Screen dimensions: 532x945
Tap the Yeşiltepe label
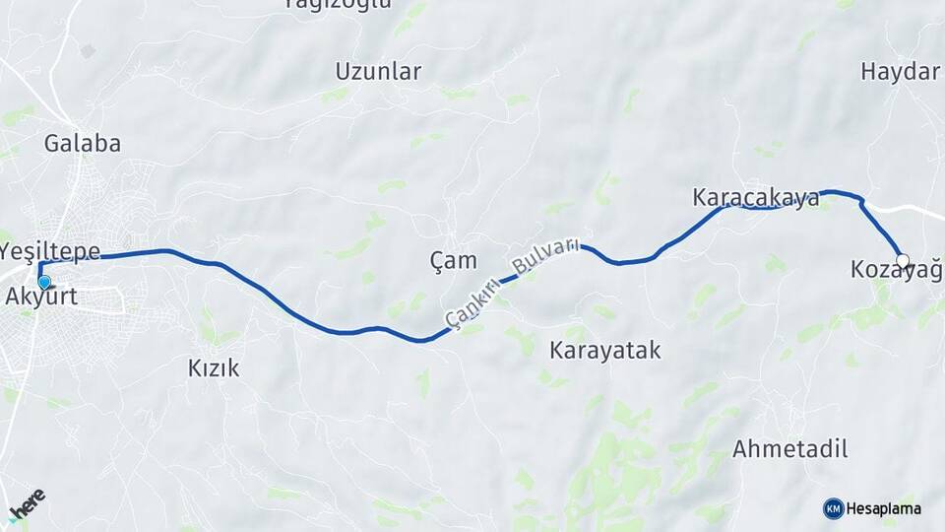click(51, 250)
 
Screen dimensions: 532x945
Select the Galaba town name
click(83, 143)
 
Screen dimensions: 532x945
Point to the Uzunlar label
click(378, 71)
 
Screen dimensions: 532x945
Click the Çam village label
click(454, 261)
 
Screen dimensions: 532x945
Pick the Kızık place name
click(214, 368)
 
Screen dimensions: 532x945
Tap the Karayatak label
click(605, 350)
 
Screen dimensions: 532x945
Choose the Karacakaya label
click(756, 198)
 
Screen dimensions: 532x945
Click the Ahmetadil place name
click(790, 449)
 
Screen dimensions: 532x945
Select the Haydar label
click(901, 71)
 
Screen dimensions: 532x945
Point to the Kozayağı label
click(896, 268)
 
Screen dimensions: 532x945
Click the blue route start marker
click(44, 282)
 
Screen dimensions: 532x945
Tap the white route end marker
click(902, 261)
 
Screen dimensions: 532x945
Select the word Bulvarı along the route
click(543, 255)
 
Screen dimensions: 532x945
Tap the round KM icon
click(833, 508)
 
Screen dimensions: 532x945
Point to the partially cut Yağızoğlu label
click(338, 3)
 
